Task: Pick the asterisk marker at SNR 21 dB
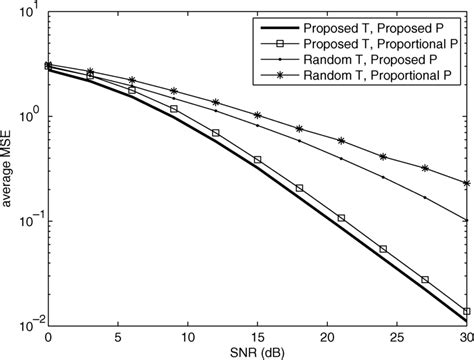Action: coord(342,140)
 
